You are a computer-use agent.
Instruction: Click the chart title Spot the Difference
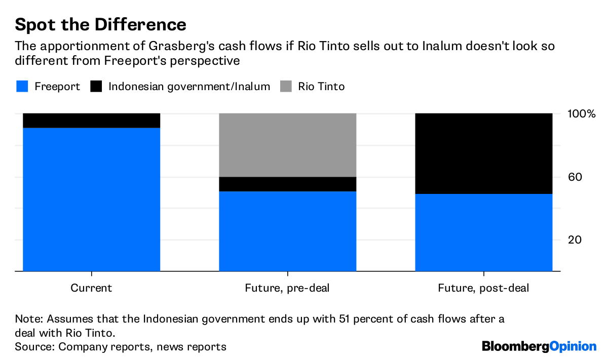[100, 24]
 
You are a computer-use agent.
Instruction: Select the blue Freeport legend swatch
[22, 87]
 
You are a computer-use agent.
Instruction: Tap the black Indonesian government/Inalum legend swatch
[96, 87]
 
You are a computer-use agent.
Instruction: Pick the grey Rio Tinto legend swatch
[286, 87]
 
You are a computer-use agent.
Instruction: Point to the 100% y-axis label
[581, 113]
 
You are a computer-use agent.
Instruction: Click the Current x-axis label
[91, 288]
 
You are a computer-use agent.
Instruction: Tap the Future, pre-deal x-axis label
[287, 288]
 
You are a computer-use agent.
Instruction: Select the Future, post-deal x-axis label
[483, 288]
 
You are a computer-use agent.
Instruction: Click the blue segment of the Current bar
[92, 199]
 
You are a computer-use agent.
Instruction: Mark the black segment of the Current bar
[92, 121]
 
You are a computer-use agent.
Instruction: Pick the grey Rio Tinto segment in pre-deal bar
[287, 145]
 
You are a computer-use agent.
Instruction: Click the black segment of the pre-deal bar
[287, 184]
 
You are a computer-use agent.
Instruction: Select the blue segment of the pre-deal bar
[287, 231]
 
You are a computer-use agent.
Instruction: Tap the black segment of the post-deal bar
[483, 153]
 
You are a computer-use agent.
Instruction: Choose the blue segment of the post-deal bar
[483, 233]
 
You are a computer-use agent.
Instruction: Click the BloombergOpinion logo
[539, 346]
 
